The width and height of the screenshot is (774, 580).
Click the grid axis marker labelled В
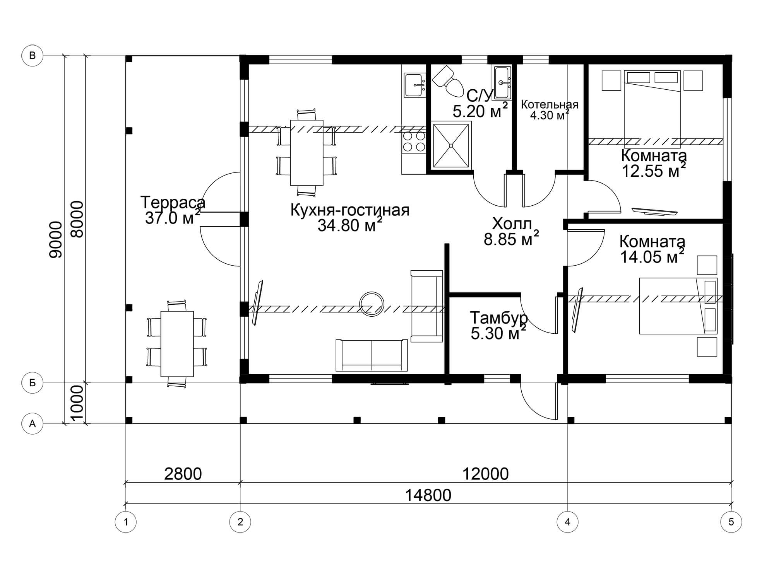pos(33,56)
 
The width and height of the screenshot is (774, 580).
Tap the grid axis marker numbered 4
pos(567,522)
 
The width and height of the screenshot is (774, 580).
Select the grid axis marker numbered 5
pos(731,522)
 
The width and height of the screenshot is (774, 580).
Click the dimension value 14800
pos(428,495)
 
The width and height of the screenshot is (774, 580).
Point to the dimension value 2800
pos(183,474)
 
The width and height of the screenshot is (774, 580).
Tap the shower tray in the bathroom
pos(451,145)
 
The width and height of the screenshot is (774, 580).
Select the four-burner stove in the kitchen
pos(414,141)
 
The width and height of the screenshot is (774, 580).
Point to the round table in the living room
pos(372,304)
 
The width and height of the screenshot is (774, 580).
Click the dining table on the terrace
pos(177,344)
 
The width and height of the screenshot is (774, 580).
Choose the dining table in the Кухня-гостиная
pos(307,153)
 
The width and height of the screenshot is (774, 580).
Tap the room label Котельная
pos(550,104)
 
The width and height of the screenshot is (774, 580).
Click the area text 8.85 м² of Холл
pos(511,238)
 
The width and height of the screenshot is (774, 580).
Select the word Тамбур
pos(499,318)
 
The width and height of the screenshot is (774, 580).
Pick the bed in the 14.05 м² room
pos(678,306)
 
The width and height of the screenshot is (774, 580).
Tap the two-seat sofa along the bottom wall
pos(372,355)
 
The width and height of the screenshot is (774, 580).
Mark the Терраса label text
pos(173,203)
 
